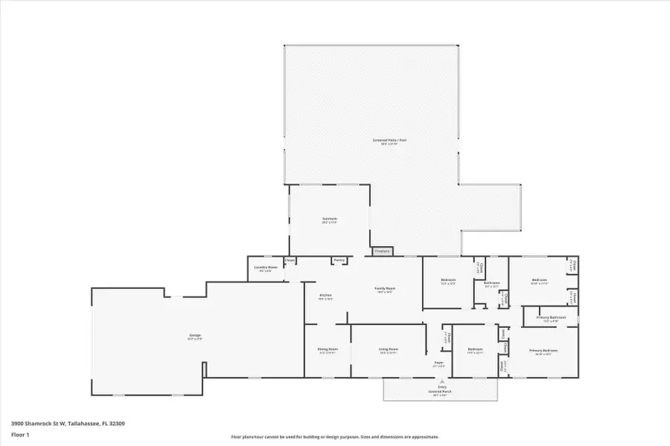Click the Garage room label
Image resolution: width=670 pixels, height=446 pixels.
click(195, 335)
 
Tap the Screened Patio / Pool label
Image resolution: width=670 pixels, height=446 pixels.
click(394, 140)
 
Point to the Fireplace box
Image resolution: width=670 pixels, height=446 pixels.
click(382, 251)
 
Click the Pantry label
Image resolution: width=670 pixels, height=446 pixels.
click(339, 260)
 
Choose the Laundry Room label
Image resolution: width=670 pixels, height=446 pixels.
click(266, 268)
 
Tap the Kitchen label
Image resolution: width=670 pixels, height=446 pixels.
click(325, 295)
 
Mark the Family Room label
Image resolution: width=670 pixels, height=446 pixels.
click(385, 288)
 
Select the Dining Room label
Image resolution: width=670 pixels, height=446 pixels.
click(328, 349)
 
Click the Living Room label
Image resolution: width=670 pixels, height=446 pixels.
click(389, 349)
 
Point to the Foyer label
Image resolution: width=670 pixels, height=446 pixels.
click(439, 363)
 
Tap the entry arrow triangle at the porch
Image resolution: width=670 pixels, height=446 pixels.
click(441, 381)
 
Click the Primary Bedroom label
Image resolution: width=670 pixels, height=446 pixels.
click(543, 350)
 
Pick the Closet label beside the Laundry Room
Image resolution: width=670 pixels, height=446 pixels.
click(290, 261)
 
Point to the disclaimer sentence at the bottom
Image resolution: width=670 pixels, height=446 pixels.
click(335, 437)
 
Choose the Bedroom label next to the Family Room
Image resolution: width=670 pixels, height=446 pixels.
click(448, 280)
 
